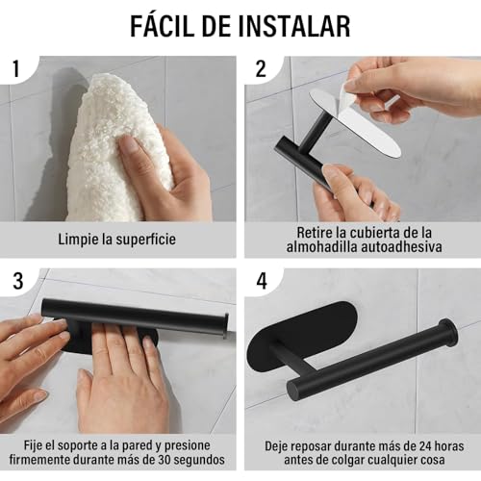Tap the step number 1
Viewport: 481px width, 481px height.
click(16, 68)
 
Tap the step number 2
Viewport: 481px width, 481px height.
click(260, 68)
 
